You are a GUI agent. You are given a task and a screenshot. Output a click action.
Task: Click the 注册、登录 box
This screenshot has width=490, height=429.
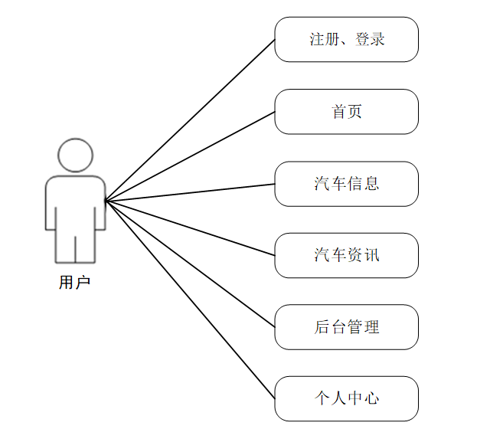click(x=346, y=39)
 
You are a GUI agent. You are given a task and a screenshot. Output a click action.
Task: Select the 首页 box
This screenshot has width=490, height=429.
click(x=346, y=111)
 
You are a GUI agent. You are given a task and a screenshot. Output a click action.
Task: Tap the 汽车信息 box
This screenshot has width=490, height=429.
click(x=346, y=183)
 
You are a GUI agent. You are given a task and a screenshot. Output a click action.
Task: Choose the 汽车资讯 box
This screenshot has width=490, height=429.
click(x=346, y=255)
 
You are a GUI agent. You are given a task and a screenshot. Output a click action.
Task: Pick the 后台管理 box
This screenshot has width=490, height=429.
click(x=346, y=327)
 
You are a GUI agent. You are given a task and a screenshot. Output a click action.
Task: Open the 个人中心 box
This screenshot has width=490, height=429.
click(x=346, y=398)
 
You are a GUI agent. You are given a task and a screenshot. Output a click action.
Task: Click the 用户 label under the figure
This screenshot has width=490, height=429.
click(x=74, y=283)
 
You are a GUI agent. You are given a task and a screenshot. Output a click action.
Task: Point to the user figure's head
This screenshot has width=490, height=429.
click(x=75, y=156)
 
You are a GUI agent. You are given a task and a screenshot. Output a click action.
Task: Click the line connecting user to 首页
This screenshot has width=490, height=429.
click(x=190, y=156)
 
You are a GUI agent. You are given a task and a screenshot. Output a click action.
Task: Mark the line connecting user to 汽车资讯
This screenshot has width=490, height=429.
click(x=190, y=228)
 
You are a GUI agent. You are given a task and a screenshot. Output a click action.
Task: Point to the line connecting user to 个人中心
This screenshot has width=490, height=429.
click(x=190, y=300)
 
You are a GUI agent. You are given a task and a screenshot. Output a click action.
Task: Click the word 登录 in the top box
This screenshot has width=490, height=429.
click(x=370, y=39)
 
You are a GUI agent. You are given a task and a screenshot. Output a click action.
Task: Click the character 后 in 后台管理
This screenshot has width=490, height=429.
click(x=322, y=327)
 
